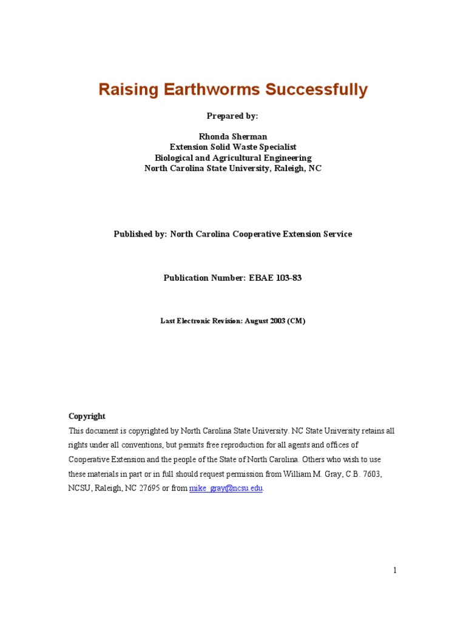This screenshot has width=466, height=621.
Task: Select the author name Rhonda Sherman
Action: click(233, 137)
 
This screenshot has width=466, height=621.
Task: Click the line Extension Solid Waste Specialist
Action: click(233, 147)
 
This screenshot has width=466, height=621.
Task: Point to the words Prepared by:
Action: click(233, 116)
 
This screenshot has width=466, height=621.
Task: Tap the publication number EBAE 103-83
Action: click(275, 278)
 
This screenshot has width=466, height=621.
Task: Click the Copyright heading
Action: click(87, 416)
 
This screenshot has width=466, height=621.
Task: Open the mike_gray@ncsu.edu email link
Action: click(226, 489)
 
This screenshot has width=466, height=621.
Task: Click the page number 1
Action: click(394, 570)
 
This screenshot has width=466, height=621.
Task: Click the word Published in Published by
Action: click(134, 234)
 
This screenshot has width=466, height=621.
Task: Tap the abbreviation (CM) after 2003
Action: click(297, 321)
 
